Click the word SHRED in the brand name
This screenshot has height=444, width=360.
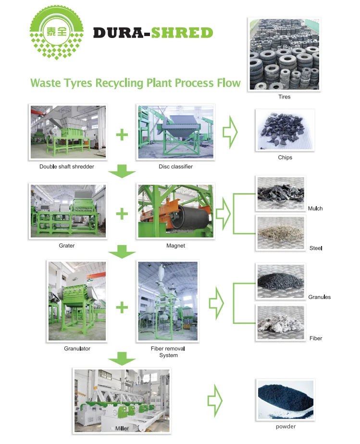pos(182,33)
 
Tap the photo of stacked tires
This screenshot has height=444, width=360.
pos(284,54)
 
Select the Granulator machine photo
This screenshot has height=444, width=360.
pos(77,300)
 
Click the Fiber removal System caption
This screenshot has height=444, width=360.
pos(168,352)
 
